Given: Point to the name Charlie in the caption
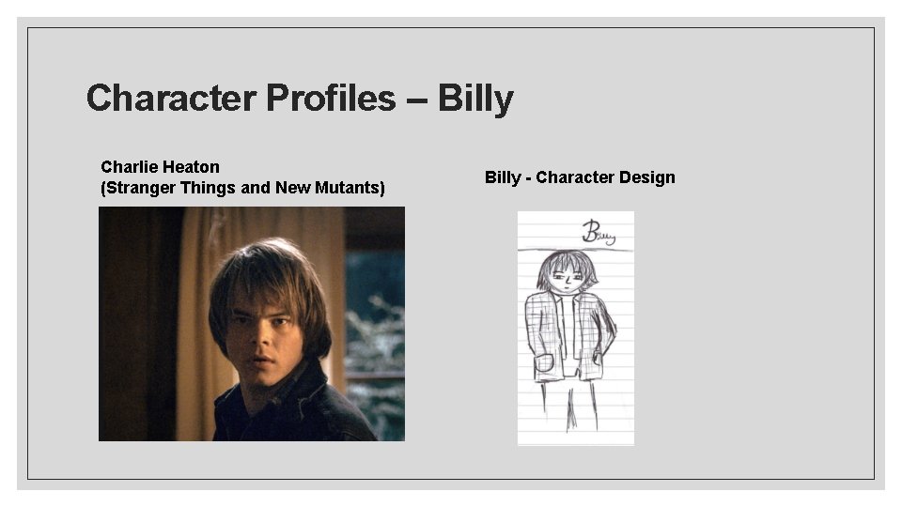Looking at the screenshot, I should pyautogui.click(x=128, y=167).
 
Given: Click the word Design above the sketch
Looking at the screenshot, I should pyautogui.click(x=648, y=177).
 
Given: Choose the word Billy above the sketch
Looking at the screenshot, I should pyautogui.click(x=504, y=177).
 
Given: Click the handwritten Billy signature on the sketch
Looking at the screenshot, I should pyautogui.click(x=598, y=231).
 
